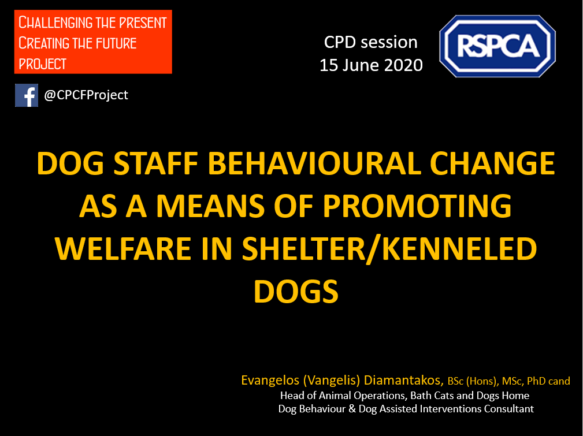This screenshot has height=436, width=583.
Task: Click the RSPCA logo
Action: click(497, 46)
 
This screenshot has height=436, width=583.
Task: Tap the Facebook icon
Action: click(27, 95)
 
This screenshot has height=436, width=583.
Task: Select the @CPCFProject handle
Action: click(86, 95)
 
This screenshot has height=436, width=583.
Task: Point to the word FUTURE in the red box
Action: click(116, 43)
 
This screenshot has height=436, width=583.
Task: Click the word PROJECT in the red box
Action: click(42, 64)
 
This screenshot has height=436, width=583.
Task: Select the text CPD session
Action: click(371, 42)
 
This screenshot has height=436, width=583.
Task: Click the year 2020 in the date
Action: click(403, 65)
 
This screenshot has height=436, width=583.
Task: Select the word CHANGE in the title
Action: click(492, 163)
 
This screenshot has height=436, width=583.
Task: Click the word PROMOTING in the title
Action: click(417, 206)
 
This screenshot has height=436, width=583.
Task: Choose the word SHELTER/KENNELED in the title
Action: click(389, 249)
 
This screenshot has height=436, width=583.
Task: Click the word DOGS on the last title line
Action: click(296, 292)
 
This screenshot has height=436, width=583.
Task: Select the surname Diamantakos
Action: click(404, 380)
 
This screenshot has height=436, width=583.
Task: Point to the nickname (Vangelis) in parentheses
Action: click(331, 381)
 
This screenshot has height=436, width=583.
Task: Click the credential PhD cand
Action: click(548, 381)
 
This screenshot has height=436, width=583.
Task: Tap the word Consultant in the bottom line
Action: click(508, 409)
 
